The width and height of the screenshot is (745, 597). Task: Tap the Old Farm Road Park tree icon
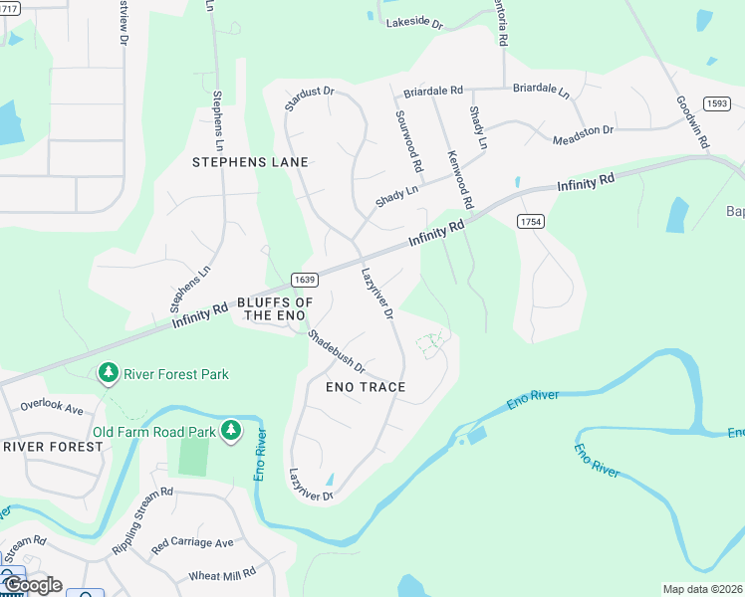[x=231, y=430]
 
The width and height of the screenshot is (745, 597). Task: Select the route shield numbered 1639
[x=305, y=281]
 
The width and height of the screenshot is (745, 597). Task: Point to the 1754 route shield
[x=530, y=222]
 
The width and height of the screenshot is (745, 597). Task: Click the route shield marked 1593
[x=716, y=103]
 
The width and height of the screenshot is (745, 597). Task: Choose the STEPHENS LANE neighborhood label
[x=250, y=161]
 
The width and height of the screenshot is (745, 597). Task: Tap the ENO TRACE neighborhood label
[x=366, y=386]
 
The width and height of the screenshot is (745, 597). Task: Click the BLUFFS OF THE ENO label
[x=275, y=308]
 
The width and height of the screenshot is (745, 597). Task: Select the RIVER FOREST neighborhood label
[x=53, y=447]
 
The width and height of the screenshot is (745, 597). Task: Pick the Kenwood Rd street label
[x=459, y=179]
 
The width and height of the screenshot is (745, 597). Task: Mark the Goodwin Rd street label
[x=690, y=122]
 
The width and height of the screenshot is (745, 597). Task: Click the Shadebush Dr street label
[x=336, y=352]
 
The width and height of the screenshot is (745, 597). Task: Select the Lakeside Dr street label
[x=413, y=21]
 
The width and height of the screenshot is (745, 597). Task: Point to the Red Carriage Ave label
[x=192, y=543]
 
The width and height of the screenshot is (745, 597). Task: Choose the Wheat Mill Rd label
[x=222, y=574]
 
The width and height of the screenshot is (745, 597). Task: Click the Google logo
[x=32, y=585]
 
